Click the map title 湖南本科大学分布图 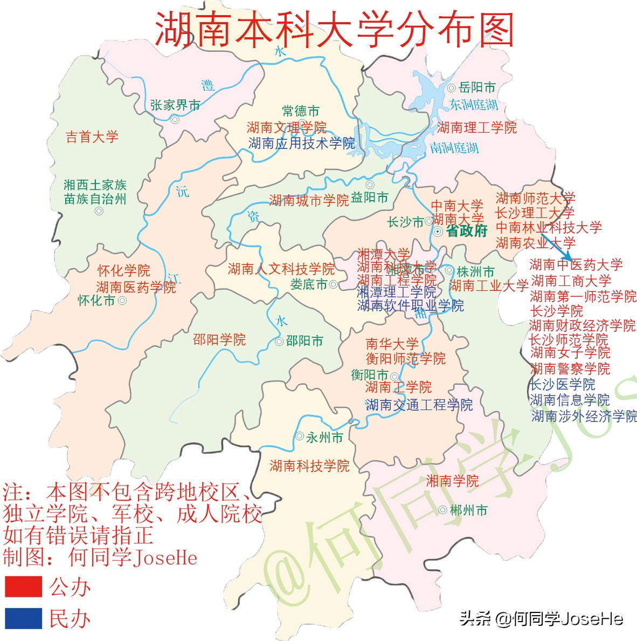click(334, 29)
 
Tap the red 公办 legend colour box click(24, 586)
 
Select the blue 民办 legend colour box click(24, 618)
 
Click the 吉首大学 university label click(92, 137)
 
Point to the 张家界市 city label click(175, 105)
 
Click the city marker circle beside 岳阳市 click(452, 88)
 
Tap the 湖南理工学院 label click(477, 127)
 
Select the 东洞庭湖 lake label click(474, 105)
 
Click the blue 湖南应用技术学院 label click(302, 143)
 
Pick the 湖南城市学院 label click(309, 201)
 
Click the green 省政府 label click(467, 231)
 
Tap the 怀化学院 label click(123, 271)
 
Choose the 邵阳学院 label click(219, 339)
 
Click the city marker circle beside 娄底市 click(334, 284)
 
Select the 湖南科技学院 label click(309, 466)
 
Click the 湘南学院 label click(452, 481)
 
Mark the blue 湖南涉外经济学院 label click(584, 416)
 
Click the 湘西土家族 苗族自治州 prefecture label click(95, 192)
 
